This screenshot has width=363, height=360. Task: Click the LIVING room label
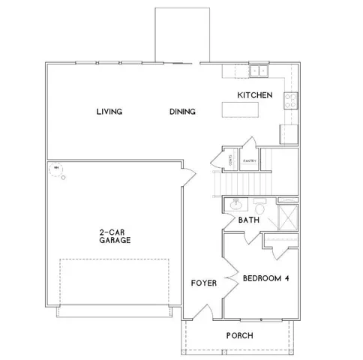coord(109,112)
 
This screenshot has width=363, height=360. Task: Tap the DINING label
coord(182,112)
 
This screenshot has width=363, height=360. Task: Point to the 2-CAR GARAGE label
coord(114,237)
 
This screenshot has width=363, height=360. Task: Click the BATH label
coord(248,220)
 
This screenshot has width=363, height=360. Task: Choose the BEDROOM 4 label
coord(266,278)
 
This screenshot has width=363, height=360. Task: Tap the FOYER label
coord(204,283)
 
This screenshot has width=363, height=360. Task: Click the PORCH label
coord(238,335)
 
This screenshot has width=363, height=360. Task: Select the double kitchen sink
coord(260,70)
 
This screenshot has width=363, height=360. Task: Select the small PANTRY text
coord(250,160)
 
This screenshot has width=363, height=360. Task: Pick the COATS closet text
coord(230,160)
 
